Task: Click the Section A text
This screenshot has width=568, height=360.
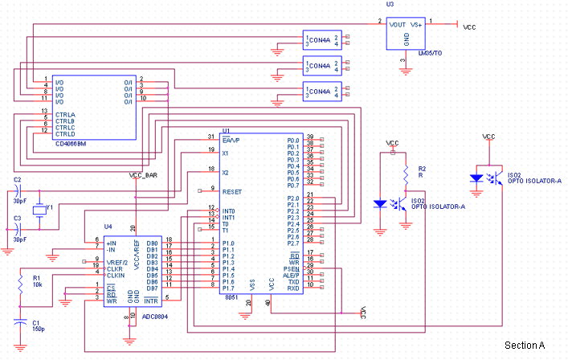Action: pos(525,346)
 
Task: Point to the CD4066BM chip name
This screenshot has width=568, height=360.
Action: pos(72,144)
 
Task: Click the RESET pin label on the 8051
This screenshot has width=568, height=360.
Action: pos(232,192)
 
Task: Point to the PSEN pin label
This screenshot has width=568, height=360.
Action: pos(293,269)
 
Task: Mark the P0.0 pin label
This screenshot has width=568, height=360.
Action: pos(293,140)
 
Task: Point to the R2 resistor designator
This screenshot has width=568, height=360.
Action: pos(421,170)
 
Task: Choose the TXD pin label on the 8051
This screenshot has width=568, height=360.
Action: pos(295,282)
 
